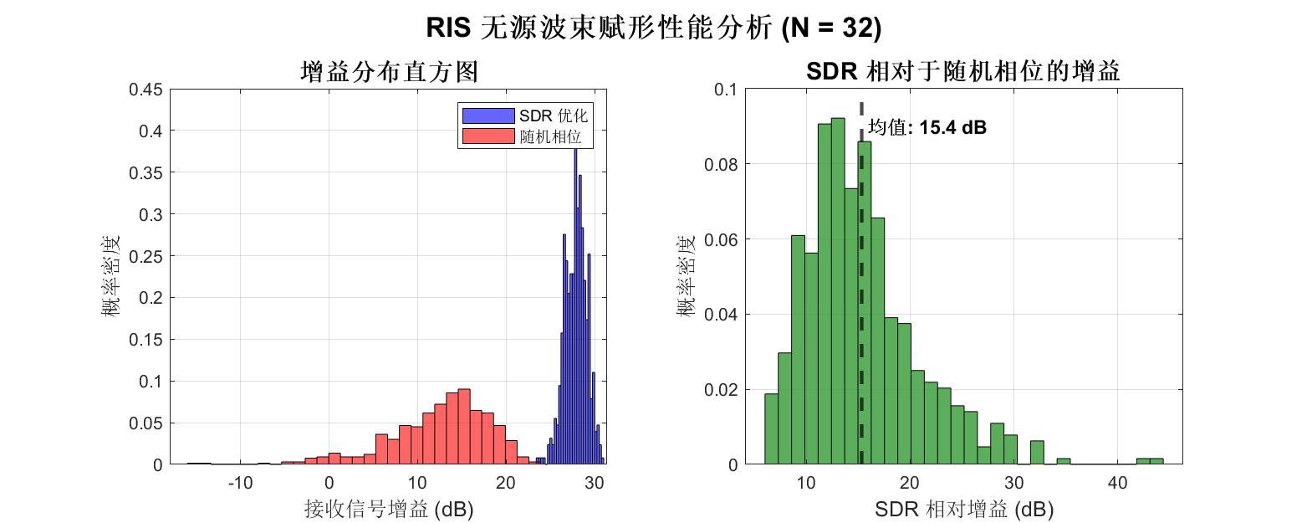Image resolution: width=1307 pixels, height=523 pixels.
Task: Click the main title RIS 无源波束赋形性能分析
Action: click(x=653, y=28)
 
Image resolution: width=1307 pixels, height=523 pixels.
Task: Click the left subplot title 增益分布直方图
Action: click(x=388, y=73)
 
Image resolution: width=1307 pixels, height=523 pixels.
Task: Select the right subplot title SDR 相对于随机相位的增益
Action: click(x=962, y=73)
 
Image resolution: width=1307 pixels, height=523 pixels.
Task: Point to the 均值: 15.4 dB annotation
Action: click(x=927, y=128)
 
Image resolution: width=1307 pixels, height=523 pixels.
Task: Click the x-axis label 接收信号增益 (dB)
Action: click(x=388, y=508)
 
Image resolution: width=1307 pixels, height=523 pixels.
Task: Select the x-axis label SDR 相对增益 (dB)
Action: click(x=963, y=508)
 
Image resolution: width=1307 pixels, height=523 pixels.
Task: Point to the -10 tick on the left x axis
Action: click(x=240, y=483)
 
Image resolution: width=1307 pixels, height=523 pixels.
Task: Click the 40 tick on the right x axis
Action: click(x=1116, y=483)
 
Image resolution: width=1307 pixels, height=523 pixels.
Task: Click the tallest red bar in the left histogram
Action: click(x=464, y=427)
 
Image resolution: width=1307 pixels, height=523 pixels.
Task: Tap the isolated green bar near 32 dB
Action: click(x=1037, y=453)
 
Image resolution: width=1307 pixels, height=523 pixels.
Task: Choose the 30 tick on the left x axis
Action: click(x=594, y=483)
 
